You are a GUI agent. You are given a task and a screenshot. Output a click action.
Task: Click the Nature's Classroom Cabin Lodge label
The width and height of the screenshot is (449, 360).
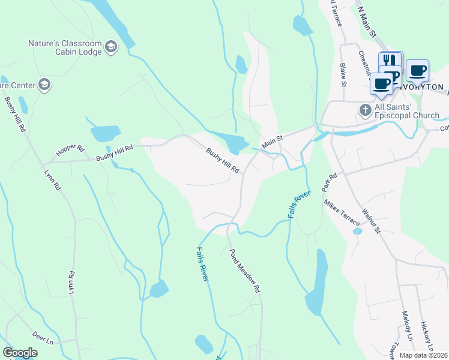coord(64,47)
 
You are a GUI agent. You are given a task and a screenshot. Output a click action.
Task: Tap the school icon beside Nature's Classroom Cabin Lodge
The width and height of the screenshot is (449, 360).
coord(110,46)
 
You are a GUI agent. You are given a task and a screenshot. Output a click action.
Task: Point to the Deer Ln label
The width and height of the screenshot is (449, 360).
coord(43,339)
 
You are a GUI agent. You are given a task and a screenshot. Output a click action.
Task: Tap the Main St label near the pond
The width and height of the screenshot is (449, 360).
coord(272,140)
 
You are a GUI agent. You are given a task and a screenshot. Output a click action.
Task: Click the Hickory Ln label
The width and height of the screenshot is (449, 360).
coord(426,337)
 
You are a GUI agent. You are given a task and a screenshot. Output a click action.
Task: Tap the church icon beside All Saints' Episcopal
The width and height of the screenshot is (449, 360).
coord(365,110)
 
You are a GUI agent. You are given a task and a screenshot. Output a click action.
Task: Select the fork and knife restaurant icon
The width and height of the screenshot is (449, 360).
coord(390,61)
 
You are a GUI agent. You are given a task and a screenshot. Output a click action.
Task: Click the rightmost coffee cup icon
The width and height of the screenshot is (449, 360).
coord(417,71)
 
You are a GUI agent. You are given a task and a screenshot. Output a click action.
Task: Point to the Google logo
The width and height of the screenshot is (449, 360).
coord(20,352)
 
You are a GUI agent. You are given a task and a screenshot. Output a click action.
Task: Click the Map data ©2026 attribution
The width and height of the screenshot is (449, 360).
coord(424,355)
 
